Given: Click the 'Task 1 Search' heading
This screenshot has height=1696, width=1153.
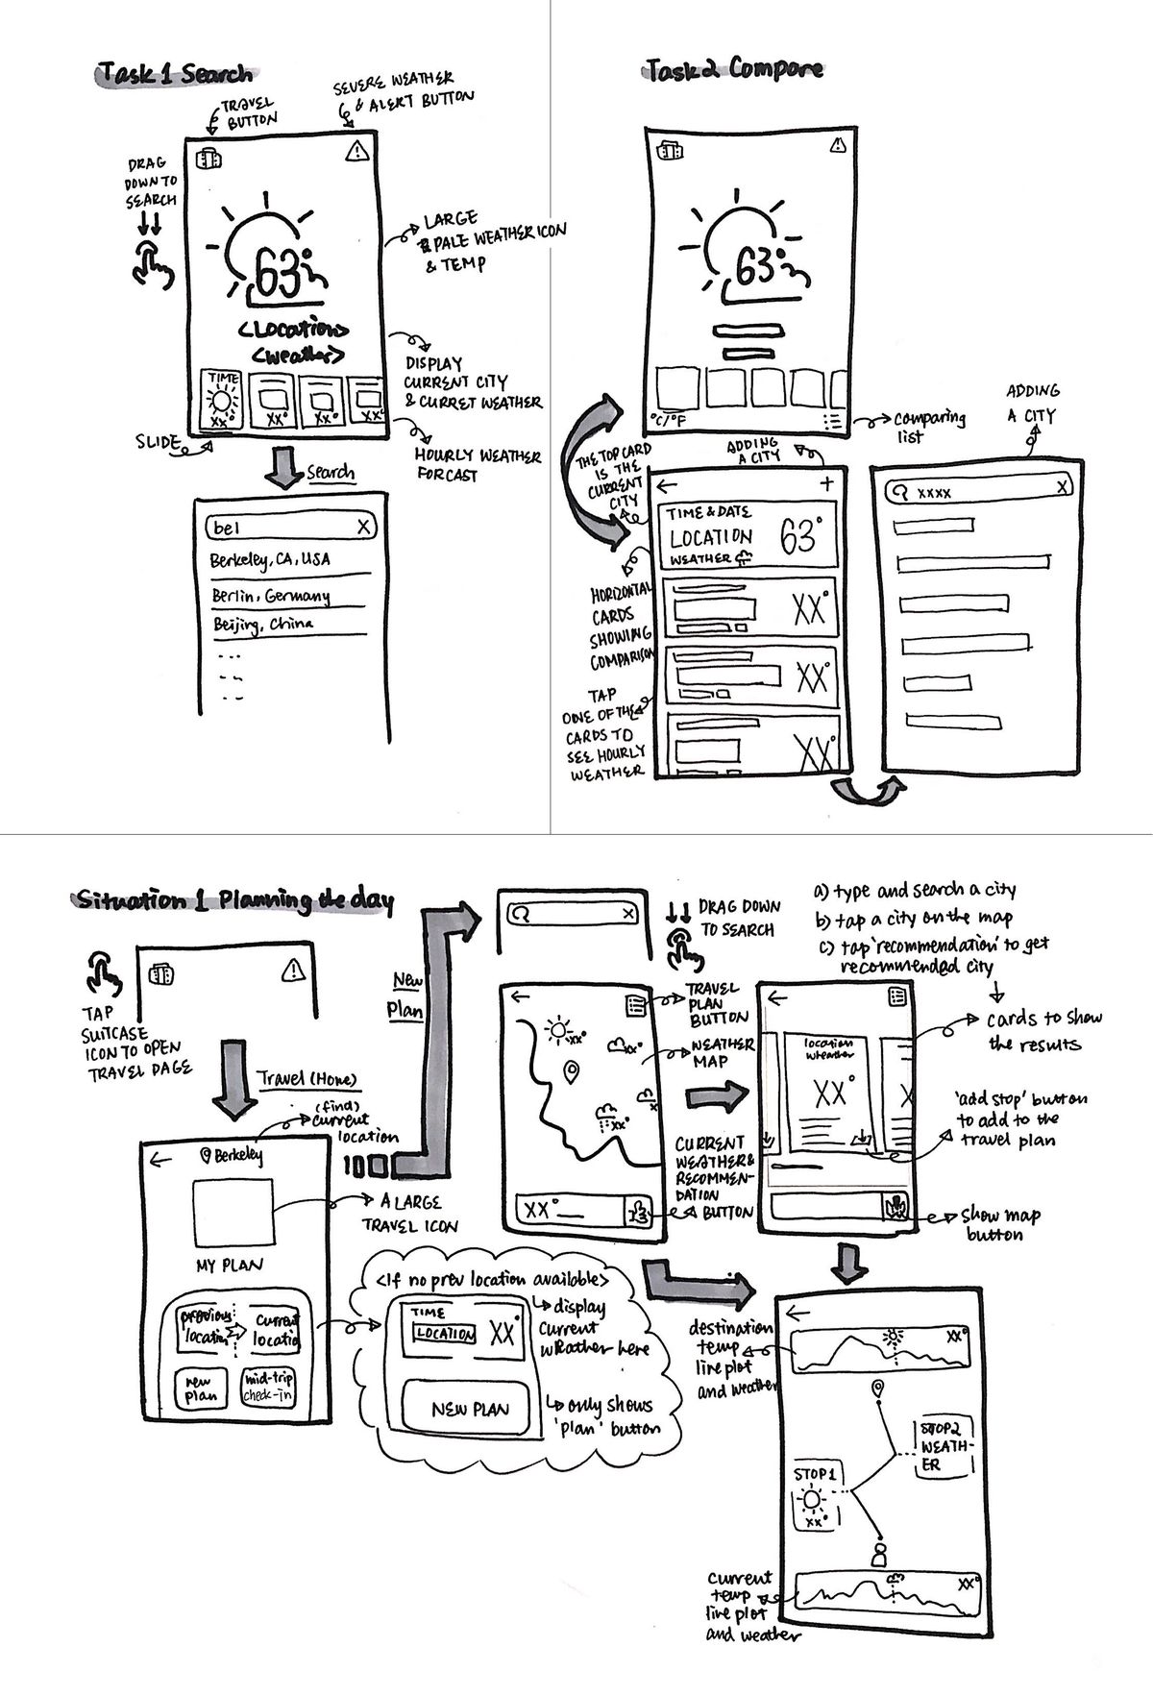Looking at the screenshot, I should pos(175,75).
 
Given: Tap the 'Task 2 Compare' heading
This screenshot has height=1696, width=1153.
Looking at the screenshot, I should pos(733,69).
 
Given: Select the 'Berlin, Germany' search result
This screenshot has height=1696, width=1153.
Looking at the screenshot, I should pos(271,596).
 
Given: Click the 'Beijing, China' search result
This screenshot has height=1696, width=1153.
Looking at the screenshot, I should pos(262,625).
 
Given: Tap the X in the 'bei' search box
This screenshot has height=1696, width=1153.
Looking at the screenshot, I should pos(363,527).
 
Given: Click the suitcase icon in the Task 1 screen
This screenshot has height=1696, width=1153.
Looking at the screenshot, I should pos(209,160).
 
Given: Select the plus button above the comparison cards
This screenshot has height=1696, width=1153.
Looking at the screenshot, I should pos(826,483).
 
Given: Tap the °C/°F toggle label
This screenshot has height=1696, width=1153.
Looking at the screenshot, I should pos(669,420).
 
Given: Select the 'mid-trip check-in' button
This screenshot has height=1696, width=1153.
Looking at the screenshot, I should pos(269,1388).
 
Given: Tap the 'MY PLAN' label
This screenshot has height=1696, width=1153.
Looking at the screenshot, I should pos(230,1266).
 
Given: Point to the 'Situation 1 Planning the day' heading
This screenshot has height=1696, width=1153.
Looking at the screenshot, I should pos(234,900).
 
